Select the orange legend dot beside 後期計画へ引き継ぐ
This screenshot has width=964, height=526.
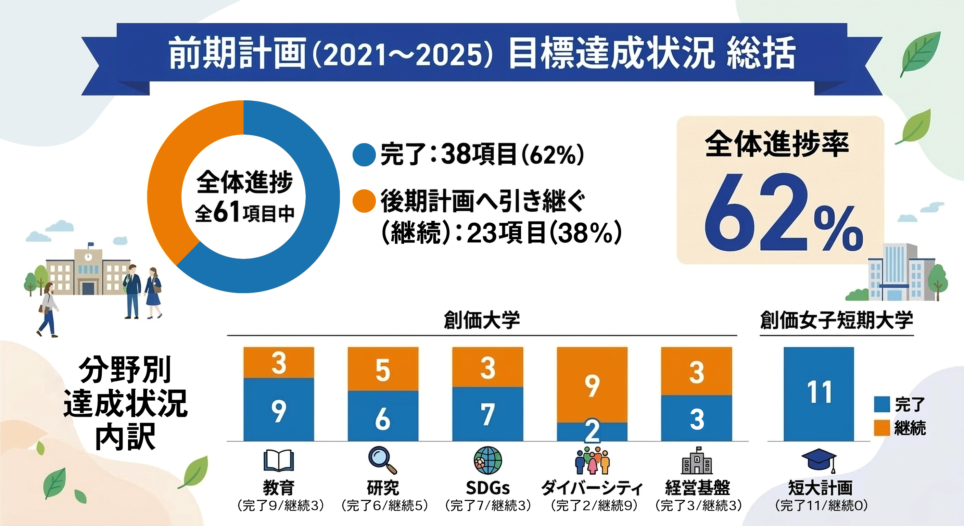[x=364, y=201]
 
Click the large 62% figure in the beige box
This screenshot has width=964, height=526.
[x=782, y=213]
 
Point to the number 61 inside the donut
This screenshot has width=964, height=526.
[x=227, y=212]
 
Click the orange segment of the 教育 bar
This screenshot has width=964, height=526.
[x=279, y=362]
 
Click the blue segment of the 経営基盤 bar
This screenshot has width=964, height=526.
[x=696, y=418]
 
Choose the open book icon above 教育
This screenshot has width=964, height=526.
[x=279, y=460]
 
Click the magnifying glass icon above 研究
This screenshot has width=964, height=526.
[x=382, y=460]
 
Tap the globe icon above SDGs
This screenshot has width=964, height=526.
[x=487, y=460]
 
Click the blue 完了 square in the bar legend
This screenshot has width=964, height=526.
[x=882, y=405]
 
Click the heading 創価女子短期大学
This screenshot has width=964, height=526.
[x=836, y=321]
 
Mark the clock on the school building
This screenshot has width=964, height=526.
[x=88, y=257]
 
